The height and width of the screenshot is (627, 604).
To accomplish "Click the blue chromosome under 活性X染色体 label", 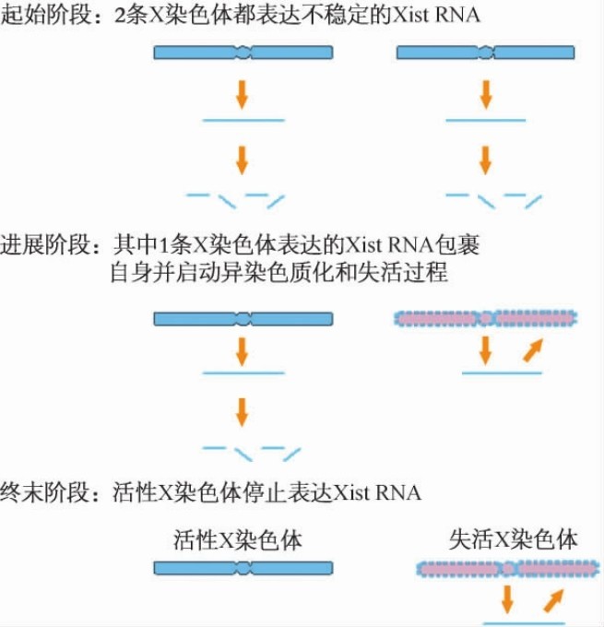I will [243, 569].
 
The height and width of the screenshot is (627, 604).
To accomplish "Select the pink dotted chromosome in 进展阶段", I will [485, 319].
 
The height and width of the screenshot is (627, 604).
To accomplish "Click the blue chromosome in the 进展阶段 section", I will [243, 319].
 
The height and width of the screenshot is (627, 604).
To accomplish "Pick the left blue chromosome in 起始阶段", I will [243, 53].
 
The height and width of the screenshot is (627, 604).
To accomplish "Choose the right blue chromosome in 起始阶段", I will [486, 53].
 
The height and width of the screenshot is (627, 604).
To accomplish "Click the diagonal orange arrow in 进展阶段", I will [530, 351].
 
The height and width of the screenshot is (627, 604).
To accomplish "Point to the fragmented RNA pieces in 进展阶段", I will [251, 451].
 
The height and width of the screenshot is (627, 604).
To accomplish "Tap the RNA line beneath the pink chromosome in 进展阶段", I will [502, 373].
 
